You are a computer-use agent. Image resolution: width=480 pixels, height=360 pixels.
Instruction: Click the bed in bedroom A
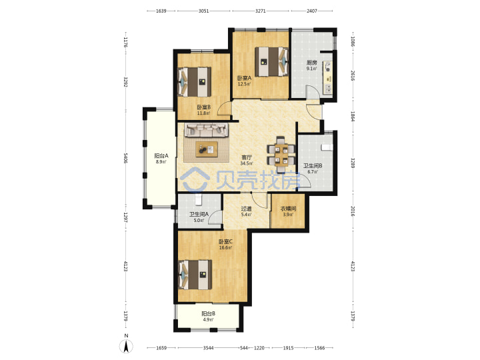point(272,61)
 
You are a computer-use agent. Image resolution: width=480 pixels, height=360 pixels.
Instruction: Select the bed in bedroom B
point(195,82)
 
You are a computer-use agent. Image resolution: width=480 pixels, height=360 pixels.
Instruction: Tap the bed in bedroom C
point(195,275)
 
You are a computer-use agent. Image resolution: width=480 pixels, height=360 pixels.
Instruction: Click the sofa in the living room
point(206,130)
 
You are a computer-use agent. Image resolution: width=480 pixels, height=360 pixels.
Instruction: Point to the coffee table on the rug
point(207,149)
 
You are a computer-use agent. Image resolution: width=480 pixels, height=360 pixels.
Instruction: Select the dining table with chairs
point(281,155)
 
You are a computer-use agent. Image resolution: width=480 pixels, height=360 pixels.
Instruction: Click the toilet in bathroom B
point(327,147)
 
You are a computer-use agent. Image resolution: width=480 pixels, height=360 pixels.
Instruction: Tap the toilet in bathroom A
point(199,200)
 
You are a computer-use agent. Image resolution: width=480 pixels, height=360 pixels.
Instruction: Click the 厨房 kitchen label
point(312,63)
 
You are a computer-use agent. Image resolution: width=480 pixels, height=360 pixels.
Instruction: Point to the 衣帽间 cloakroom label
point(289,209)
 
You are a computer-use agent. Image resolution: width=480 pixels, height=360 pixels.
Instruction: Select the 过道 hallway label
point(246,209)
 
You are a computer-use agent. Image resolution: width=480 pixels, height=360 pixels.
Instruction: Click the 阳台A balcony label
point(161,156)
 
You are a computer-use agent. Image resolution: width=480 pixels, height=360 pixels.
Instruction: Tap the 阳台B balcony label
point(208,314)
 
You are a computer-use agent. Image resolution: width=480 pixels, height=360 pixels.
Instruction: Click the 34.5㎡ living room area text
point(247,163)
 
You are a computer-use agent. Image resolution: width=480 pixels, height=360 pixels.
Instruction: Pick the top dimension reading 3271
point(260,11)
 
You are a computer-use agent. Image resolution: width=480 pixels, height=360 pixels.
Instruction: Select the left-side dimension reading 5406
point(125,158)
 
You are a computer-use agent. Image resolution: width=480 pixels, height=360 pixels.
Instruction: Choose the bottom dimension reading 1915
point(288,348)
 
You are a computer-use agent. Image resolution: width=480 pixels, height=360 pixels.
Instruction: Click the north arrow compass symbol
point(126,345)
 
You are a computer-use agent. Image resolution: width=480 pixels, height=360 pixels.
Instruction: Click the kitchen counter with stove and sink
point(327,77)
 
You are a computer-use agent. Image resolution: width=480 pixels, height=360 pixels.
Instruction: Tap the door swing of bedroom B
point(224,109)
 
